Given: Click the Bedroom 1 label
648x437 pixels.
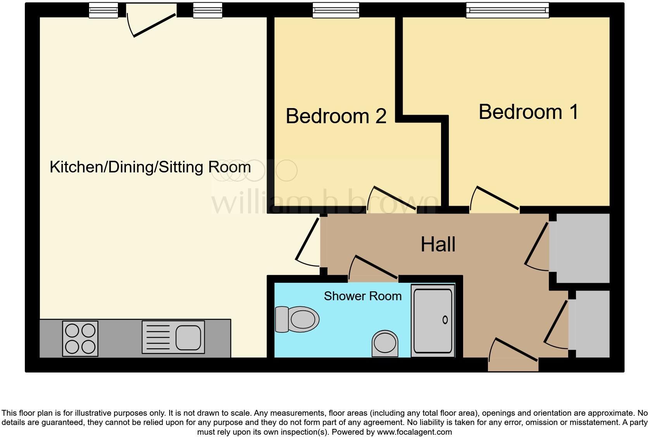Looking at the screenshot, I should [528, 112].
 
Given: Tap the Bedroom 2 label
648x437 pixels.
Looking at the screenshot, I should [336, 116].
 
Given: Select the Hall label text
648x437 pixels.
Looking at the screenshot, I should [438, 244].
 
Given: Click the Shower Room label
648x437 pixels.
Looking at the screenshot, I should [362, 296].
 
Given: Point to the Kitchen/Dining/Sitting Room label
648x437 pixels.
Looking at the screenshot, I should [150, 167].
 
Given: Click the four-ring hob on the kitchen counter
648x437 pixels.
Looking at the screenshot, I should [80, 339].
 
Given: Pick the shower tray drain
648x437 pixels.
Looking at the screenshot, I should [445, 320].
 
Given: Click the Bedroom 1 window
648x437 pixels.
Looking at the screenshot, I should [507, 10].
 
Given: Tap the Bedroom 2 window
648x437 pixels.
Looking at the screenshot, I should [336, 10].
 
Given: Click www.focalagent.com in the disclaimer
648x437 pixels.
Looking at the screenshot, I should [414, 432].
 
